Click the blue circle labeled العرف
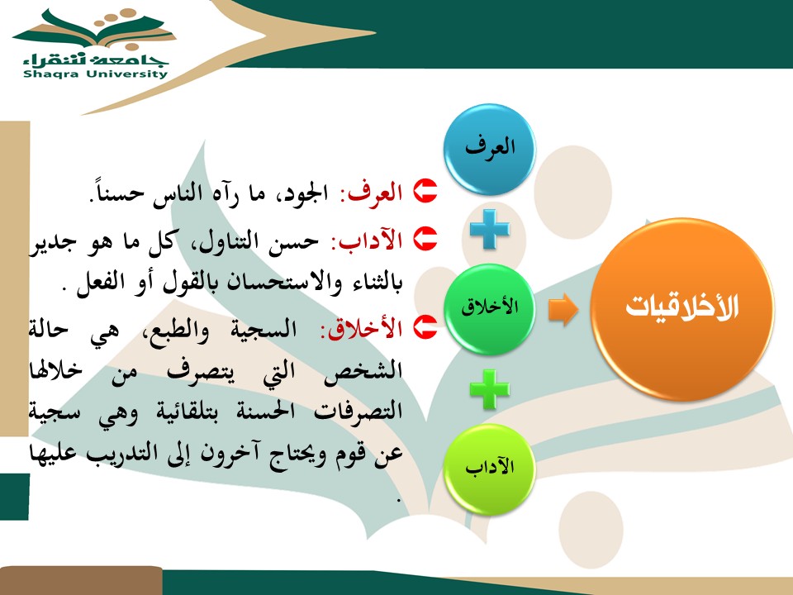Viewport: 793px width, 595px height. point(490,150)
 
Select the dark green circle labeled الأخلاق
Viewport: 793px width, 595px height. point(490,308)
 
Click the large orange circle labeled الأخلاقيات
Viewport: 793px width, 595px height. point(682,308)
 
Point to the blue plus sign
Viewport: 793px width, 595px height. point(490,229)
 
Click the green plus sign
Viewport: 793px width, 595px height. point(490,389)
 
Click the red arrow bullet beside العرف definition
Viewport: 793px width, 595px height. point(425,191)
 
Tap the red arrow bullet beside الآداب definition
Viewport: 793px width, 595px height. point(425,238)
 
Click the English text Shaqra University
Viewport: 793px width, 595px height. point(95,74)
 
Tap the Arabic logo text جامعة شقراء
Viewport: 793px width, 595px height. point(95,59)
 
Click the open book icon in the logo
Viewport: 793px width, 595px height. point(96,30)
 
